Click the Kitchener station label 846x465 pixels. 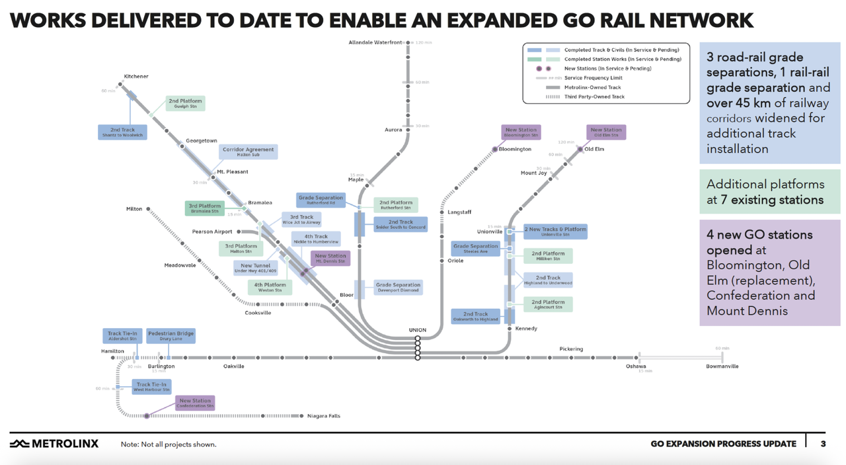pyautogui.click(x=136, y=76)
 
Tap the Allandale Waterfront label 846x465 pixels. pyautogui.click(x=375, y=42)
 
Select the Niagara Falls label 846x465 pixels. pyautogui.click(x=324, y=416)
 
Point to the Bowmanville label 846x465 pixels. pyautogui.click(x=722, y=366)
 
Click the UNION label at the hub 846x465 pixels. pyautogui.click(x=418, y=329)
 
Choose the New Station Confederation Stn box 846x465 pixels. pyautogui.click(x=195, y=403)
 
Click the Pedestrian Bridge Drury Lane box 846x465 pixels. pyautogui.click(x=171, y=335)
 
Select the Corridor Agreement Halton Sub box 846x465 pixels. pyautogui.click(x=248, y=151)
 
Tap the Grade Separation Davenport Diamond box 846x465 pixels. pyautogui.click(x=398, y=287)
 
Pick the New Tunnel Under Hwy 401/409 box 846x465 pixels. pyautogui.click(x=254, y=268)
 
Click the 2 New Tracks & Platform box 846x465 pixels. pyautogui.click(x=555, y=232)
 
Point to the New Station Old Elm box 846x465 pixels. pyautogui.click(x=606, y=132)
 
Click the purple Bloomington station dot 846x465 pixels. pyautogui.click(x=494, y=149)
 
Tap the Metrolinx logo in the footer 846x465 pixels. pyautogui.click(x=54, y=443)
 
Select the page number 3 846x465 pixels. pyautogui.click(x=823, y=443)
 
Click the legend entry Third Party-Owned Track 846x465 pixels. pyautogui.click(x=594, y=97)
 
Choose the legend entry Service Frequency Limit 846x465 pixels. pyautogui.click(x=593, y=78)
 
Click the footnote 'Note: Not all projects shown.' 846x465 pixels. pyautogui.click(x=169, y=444)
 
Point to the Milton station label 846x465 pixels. pyautogui.click(x=134, y=209)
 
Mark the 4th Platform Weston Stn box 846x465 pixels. pyautogui.click(x=270, y=287)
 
